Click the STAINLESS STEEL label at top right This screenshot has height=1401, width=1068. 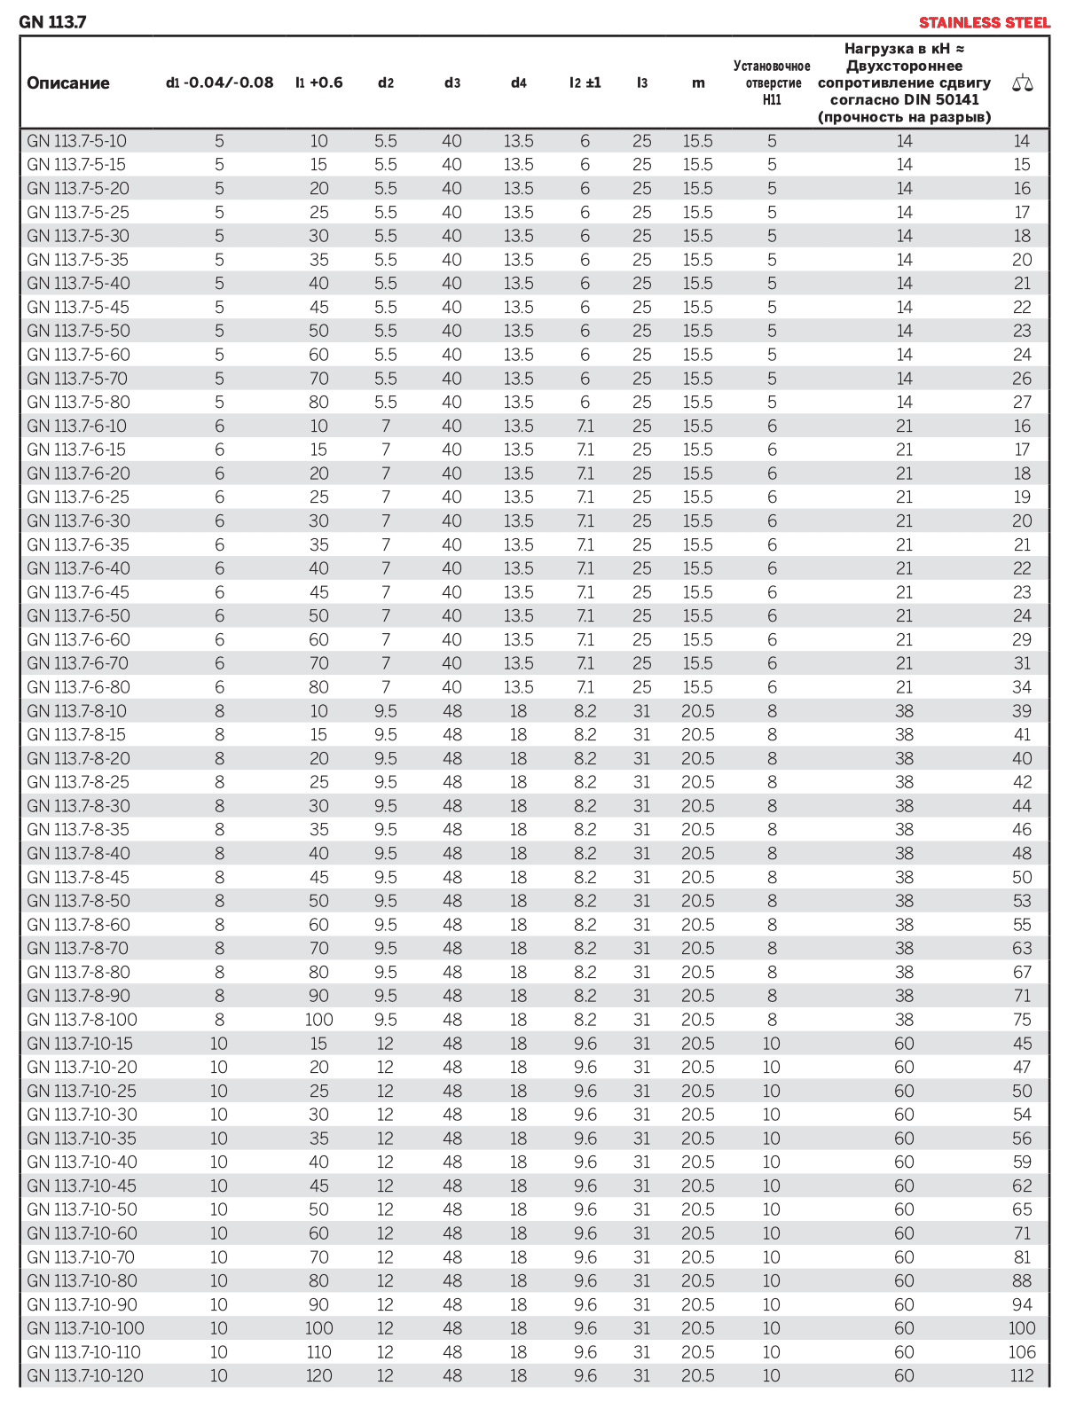(x=984, y=22)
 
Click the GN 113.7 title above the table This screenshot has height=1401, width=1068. (x=52, y=22)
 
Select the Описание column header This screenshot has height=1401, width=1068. (x=68, y=83)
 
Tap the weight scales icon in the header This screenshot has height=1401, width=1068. (x=1022, y=84)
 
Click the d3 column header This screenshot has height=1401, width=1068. (x=452, y=83)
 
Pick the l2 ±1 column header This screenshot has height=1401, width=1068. (x=585, y=83)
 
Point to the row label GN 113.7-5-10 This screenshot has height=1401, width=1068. (x=76, y=141)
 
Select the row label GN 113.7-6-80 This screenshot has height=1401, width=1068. (x=78, y=687)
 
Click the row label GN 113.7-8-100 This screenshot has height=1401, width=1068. (x=82, y=1020)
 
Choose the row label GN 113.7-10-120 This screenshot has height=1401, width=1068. (x=85, y=1376)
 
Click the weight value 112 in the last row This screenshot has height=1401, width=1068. (x=1022, y=1376)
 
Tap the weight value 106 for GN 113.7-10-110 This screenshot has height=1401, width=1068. (x=1022, y=1352)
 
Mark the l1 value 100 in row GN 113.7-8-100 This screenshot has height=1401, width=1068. (x=319, y=1020)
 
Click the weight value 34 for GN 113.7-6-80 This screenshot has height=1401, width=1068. (x=1022, y=687)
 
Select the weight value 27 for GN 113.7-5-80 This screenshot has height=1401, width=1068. (x=1022, y=403)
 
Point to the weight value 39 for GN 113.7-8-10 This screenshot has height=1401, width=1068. (x=1022, y=711)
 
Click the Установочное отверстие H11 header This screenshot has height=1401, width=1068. (x=772, y=83)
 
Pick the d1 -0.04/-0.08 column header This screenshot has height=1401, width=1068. (x=219, y=83)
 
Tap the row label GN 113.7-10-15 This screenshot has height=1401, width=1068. (x=80, y=1044)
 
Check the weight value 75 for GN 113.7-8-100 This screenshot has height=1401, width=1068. (x=1022, y=1020)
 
